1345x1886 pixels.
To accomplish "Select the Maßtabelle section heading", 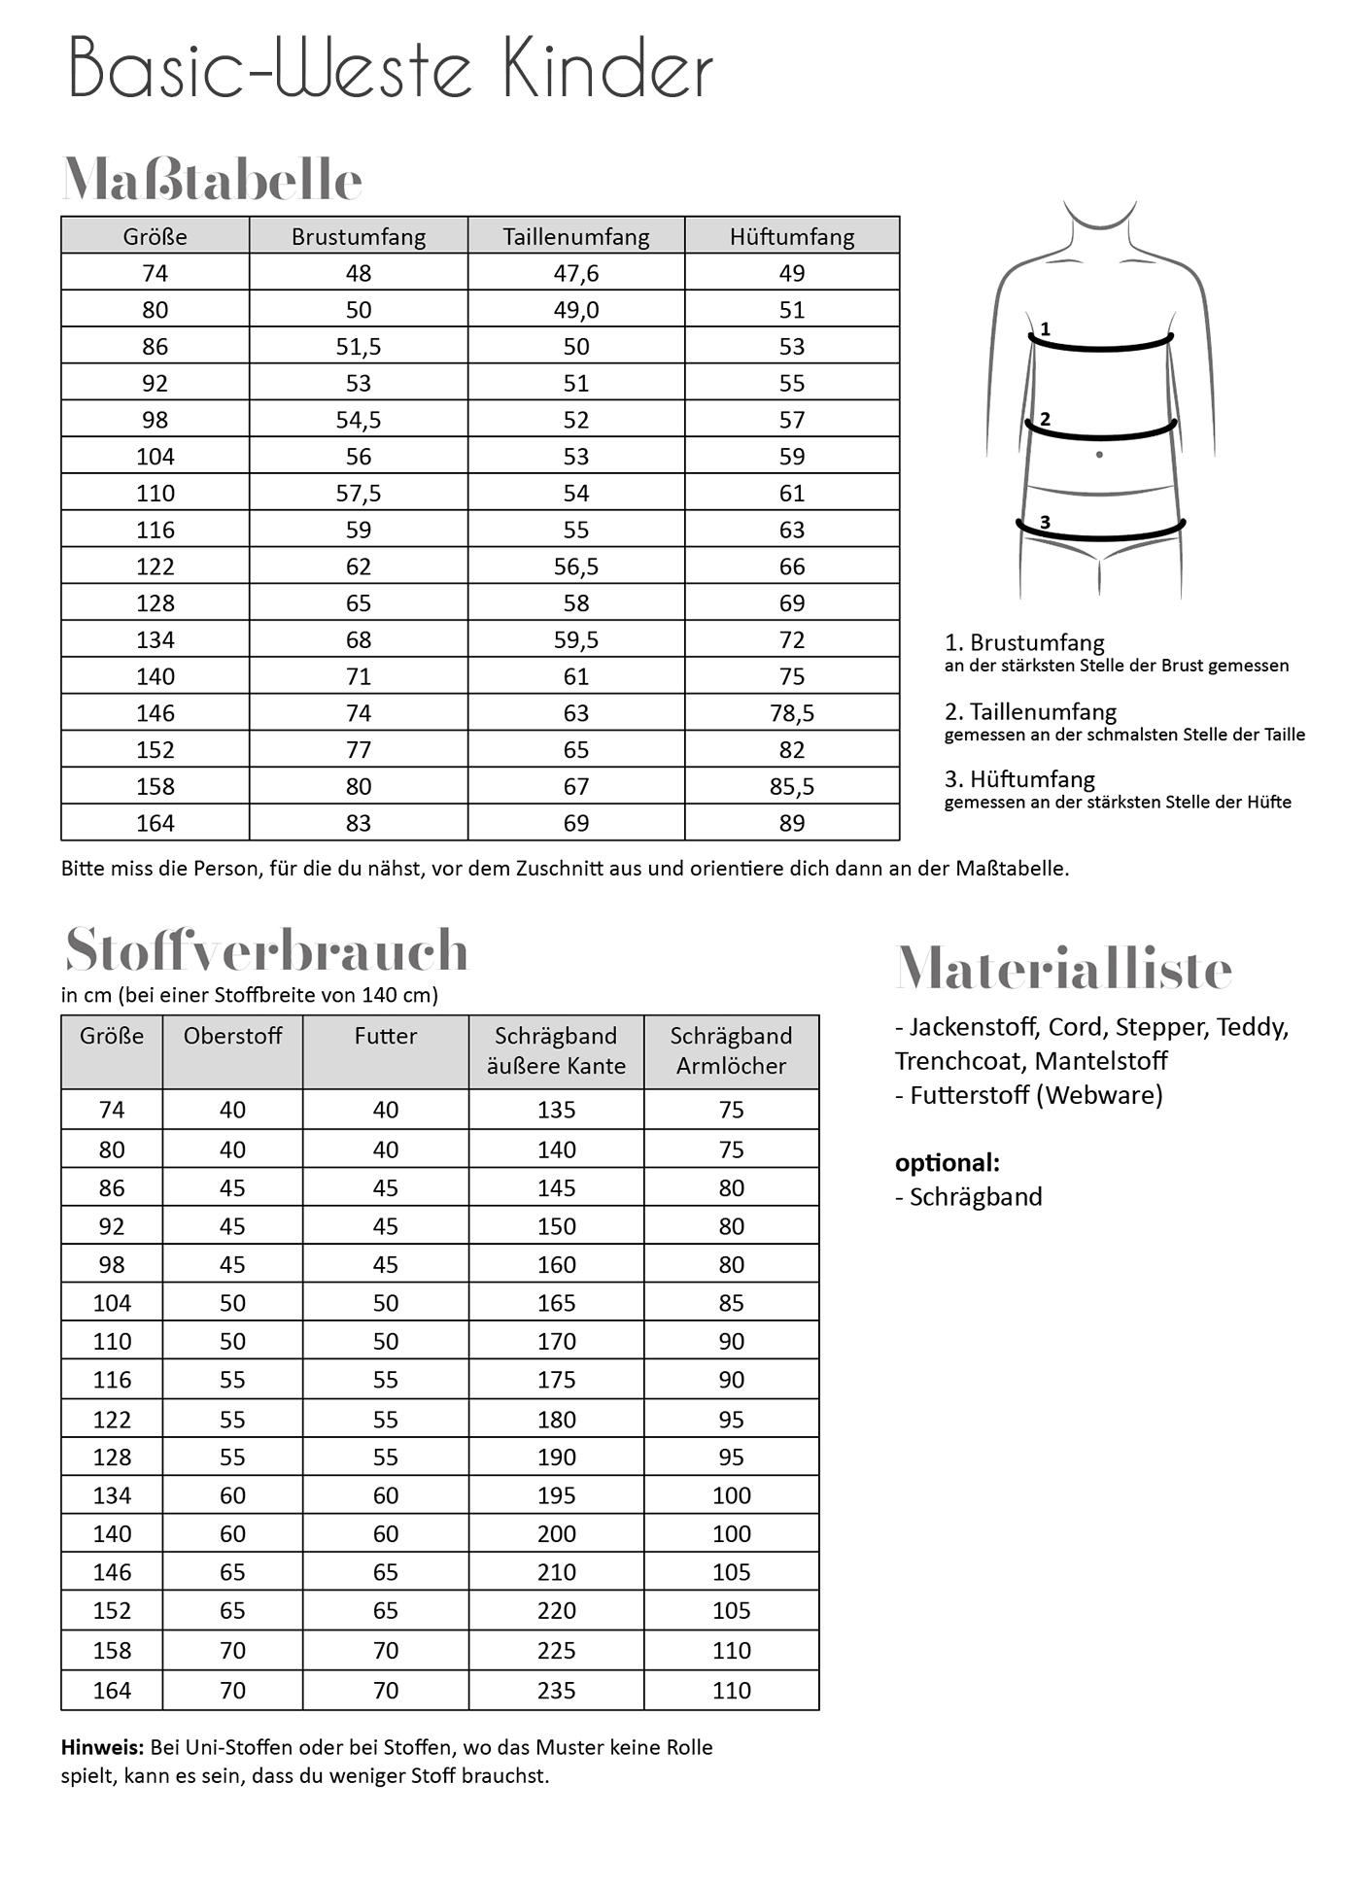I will click(212, 180).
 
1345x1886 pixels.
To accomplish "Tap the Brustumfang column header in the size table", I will click(359, 236).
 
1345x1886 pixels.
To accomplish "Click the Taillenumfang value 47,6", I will click(576, 273).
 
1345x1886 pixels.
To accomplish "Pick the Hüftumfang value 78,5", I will click(792, 713).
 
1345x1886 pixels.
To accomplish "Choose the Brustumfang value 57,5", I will click(359, 494).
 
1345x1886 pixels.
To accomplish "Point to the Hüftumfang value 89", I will click(792, 823).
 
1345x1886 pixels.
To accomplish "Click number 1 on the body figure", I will click(1045, 329).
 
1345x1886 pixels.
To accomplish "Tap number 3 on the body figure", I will click(1045, 522).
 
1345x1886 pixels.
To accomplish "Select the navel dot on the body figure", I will click(1099, 455).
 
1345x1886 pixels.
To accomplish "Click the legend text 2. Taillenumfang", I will click(1030, 711).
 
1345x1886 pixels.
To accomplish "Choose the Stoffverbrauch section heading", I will click(266, 950).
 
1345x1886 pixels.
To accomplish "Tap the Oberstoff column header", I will click(232, 1036).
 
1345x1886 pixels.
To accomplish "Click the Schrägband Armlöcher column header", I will click(731, 1050).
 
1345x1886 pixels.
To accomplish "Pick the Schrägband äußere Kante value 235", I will click(556, 1690).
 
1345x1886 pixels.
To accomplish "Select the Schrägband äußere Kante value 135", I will click(556, 1110).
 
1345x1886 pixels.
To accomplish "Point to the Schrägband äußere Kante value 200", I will click(556, 1533).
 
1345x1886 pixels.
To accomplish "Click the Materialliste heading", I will click(1063, 969).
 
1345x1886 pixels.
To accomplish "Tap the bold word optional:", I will click(947, 1162).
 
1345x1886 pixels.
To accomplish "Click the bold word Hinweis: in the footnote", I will click(102, 1747).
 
